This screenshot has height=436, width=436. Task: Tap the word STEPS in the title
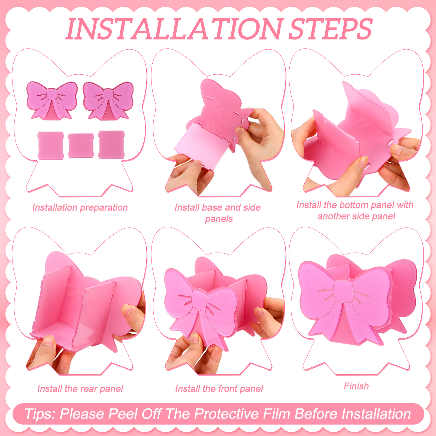pyautogui.click(x=330, y=29)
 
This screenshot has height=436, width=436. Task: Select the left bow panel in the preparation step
pyautogui.click(x=52, y=100)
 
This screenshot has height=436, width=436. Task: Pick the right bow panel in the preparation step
pyautogui.click(x=108, y=100)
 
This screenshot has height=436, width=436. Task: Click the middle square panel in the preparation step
pyautogui.click(x=81, y=146)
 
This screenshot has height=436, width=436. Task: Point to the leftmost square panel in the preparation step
pyautogui.click(x=51, y=145)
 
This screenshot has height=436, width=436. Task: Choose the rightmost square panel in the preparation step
pyautogui.click(x=111, y=145)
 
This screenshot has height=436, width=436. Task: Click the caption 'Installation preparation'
pyautogui.click(x=80, y=208)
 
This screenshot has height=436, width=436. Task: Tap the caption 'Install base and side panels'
pyautogui.click(x=218, y=213)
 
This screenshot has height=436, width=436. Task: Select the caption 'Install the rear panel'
pyautogui.click(x=80, y=389)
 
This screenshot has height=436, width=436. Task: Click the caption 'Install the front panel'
pyautogui.click(x=219, y=389)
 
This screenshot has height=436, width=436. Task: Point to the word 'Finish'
pyautogui.click(x=356, y=386)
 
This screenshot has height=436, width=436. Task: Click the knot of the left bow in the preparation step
pyautogui.click(x=51, y=95)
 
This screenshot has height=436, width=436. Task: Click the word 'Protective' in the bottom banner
pyautogui.click(x=226, y=414)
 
